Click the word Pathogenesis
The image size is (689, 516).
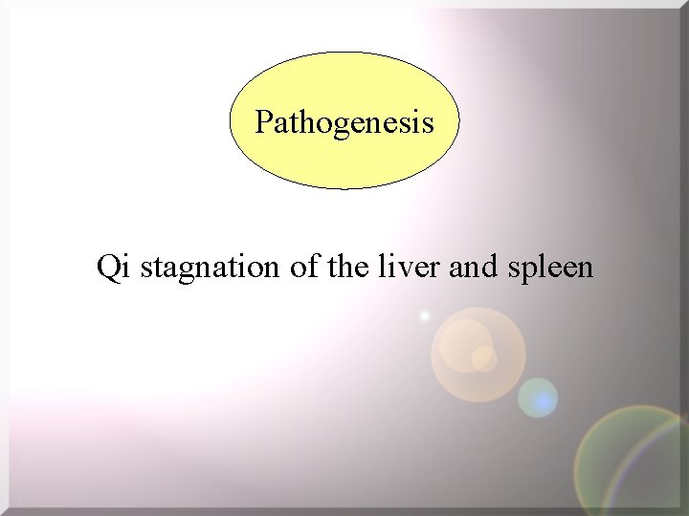coord(344,122)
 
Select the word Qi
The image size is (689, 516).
coord(115,267)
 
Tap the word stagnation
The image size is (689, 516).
coord(210,269)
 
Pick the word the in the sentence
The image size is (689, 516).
coord(347,267)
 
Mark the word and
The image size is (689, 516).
coord(472,267)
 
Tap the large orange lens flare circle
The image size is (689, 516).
coord(478,354)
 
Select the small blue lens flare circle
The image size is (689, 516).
coord(538,398)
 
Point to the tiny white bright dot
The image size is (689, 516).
coord(425,315)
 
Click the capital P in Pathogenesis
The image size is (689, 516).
coord(263,122)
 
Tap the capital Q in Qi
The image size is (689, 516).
coord(108,267)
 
